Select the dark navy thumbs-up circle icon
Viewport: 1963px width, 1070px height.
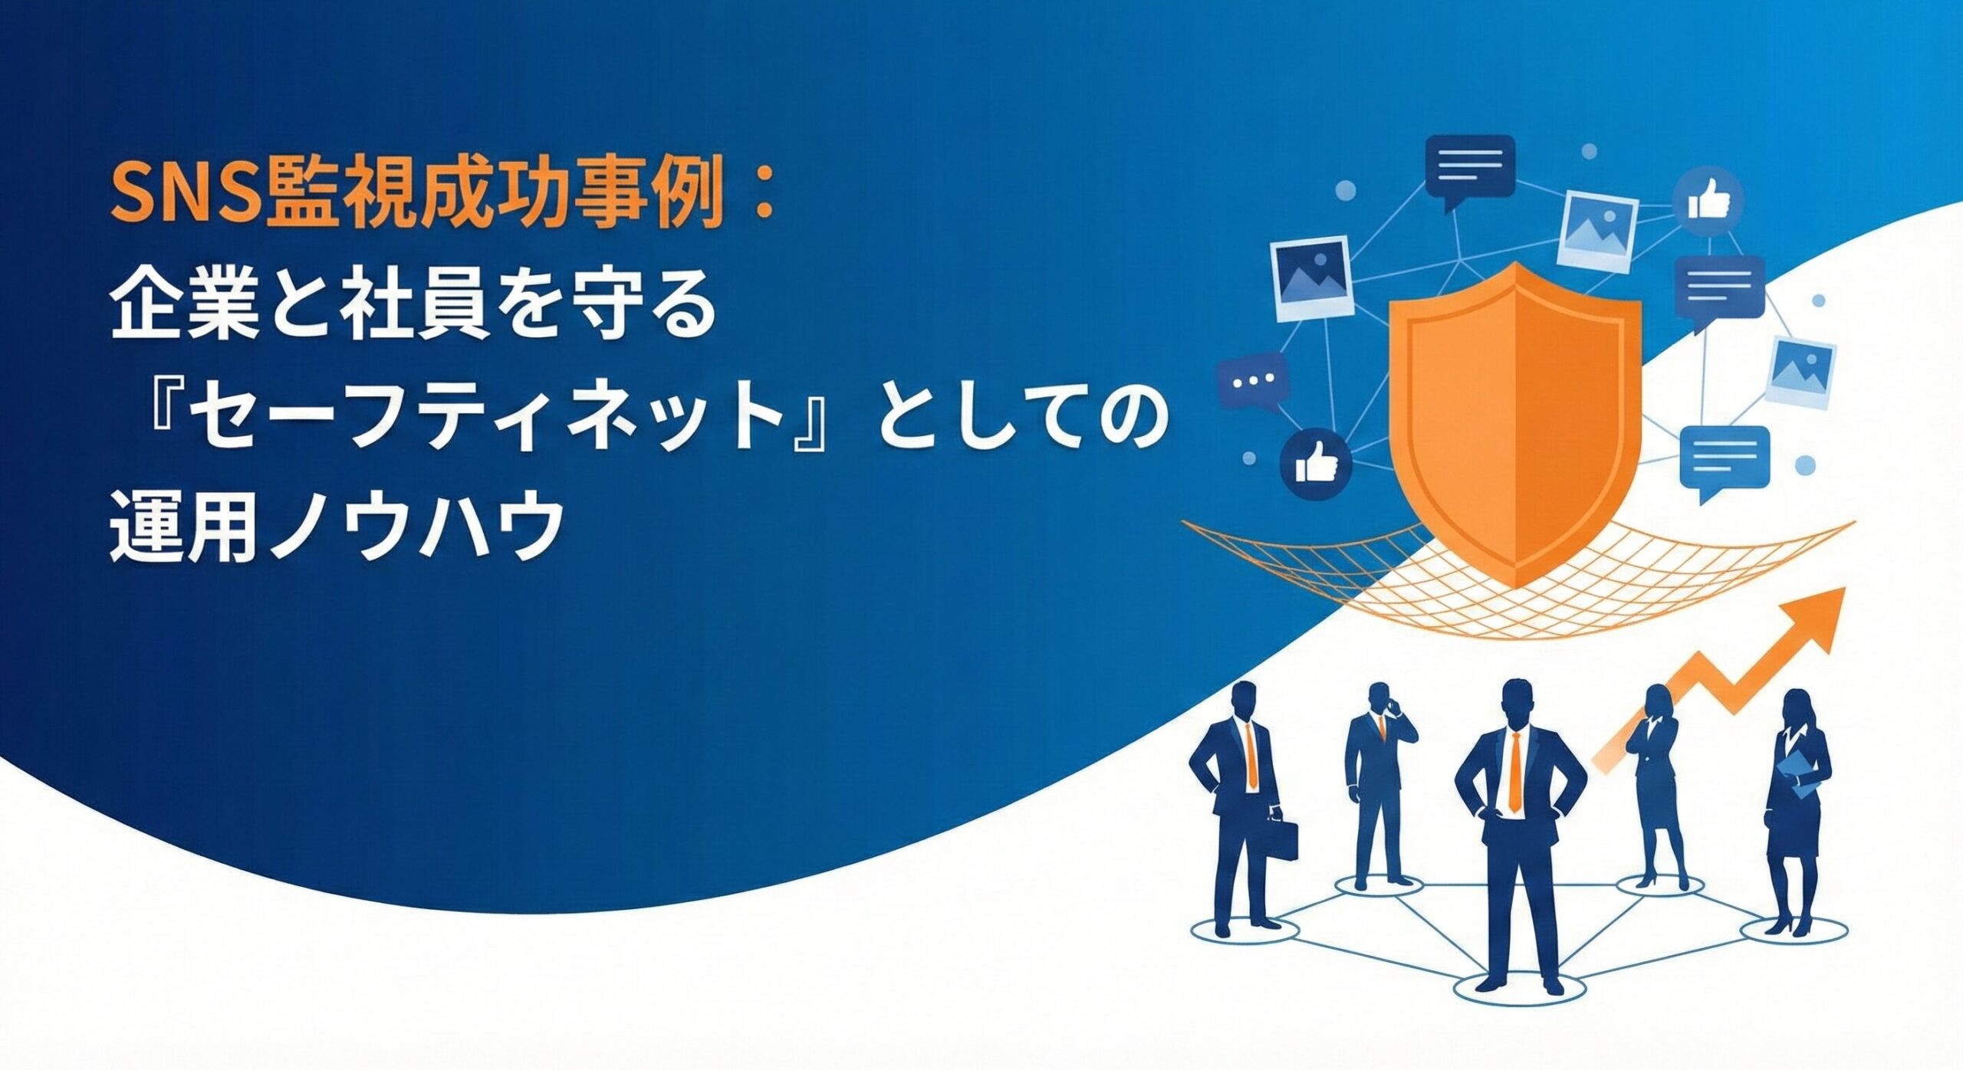click(1316, 464)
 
